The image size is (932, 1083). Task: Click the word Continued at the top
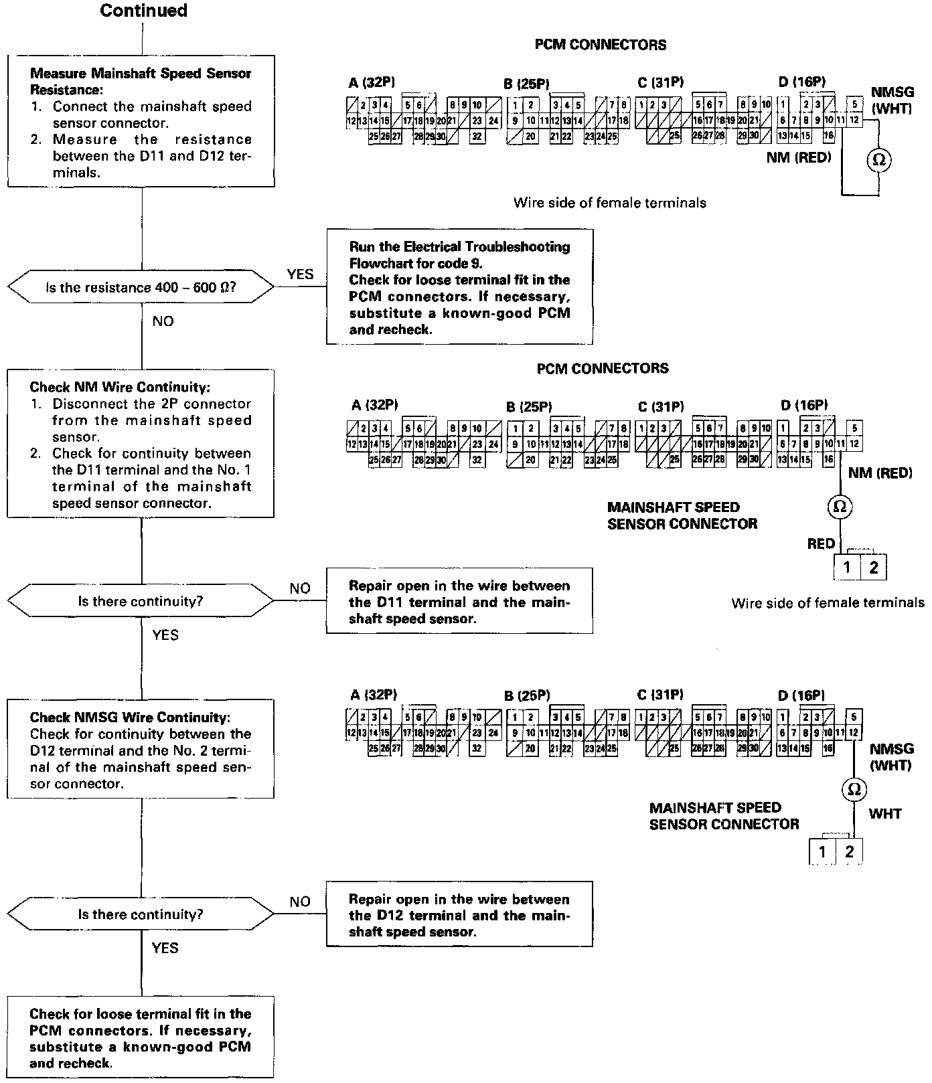[x=143, y=11]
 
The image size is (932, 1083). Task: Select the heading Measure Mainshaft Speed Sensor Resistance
[x=141, y=80]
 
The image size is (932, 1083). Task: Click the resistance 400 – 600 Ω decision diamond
[x=141, y=288]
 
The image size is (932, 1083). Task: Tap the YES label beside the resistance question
[x=300, y=274]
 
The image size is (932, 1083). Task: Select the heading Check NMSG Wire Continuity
[x=130, y=718]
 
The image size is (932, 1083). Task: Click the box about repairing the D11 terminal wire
[x=459, y=601]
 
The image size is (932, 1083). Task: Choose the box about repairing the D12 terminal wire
[x=459, y=915]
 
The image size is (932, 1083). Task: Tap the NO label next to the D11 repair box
[x=300, y=588]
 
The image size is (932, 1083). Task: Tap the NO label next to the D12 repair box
[x=300, y=902]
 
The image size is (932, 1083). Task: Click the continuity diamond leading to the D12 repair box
[x=141, y=914]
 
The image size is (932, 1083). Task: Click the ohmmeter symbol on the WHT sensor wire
[x=854, y=790]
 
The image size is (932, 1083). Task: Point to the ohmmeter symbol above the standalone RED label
[x=839, y=507]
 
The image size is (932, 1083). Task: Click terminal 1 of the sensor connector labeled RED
[x=847, y=568]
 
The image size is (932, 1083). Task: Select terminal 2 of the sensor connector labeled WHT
[x=850, y=851]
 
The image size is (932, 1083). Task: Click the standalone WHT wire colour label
[x=885, y=814]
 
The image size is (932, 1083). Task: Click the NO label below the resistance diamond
[x=163, y=321]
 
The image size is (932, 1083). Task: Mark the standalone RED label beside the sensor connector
[x=821, y=544]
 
